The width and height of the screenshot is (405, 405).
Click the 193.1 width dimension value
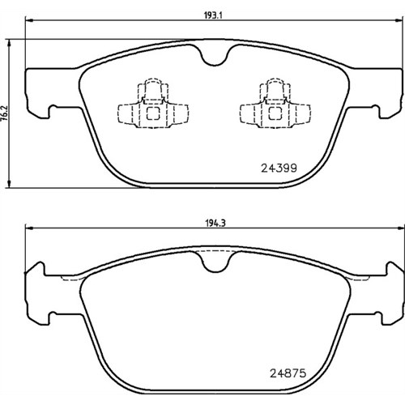pos(213,15)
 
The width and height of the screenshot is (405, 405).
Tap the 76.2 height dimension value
pos(6,113)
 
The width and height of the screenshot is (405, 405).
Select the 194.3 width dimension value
pos(215,224)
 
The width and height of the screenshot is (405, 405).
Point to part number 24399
pos(279,168)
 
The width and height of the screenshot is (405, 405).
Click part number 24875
pos(288,373)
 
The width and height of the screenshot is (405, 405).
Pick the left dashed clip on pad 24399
pos(153,103)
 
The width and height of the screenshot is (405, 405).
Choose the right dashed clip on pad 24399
pos(275,103)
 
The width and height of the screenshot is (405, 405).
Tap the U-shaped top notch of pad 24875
pos(215,262)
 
